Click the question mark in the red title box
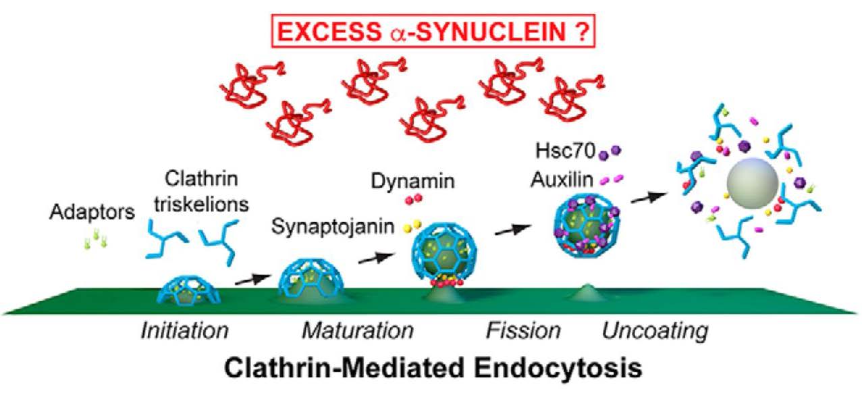point(582,32)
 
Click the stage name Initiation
point(184,331)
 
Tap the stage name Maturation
point(357,331)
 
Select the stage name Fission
point(524,331)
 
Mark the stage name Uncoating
point(655,331)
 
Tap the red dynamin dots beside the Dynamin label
point(409,200)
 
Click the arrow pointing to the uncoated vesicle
point(647,196)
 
